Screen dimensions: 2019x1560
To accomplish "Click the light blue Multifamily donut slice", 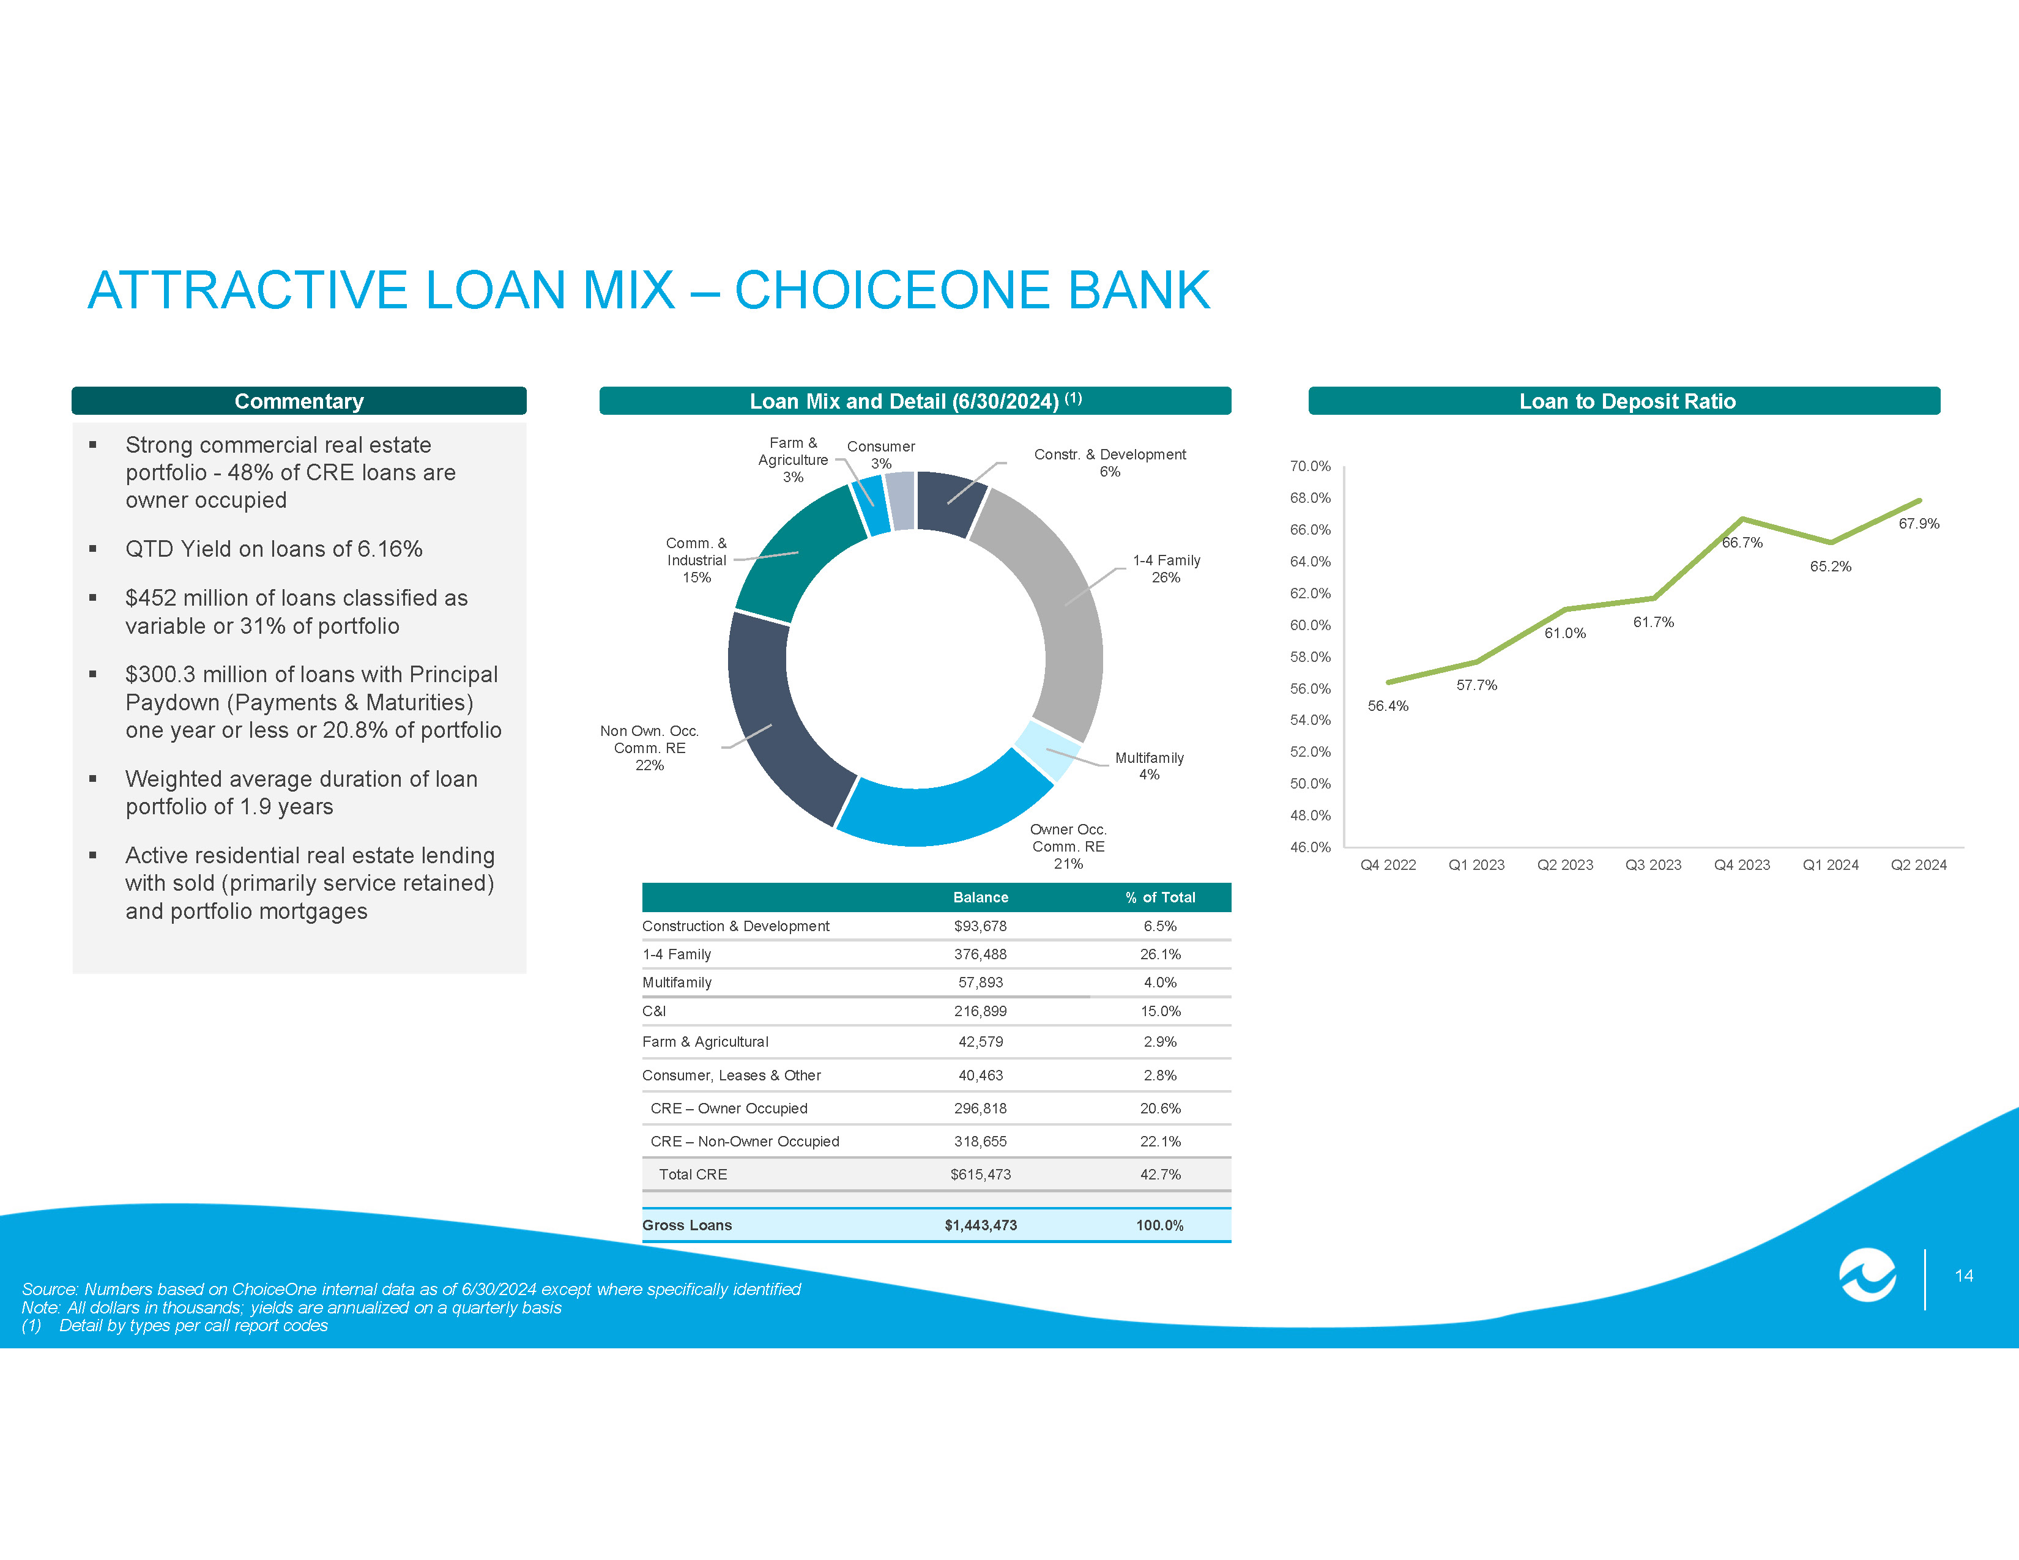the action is [x=1048, y=749].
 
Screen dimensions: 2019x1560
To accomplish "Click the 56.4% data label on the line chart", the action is [x=1388, y=706].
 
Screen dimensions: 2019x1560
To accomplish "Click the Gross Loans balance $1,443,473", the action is [x=981, y=1225].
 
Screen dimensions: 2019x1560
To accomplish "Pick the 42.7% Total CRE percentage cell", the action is [x=1160, y=1175].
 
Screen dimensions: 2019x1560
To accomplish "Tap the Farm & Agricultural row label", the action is [x=705, y=1042].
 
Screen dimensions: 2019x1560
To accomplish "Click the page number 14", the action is [x=1965, y=1276].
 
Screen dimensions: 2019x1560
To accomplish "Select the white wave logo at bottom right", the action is [x=1867, y=1276].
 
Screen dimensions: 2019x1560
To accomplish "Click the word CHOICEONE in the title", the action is [x=892, y=290].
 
